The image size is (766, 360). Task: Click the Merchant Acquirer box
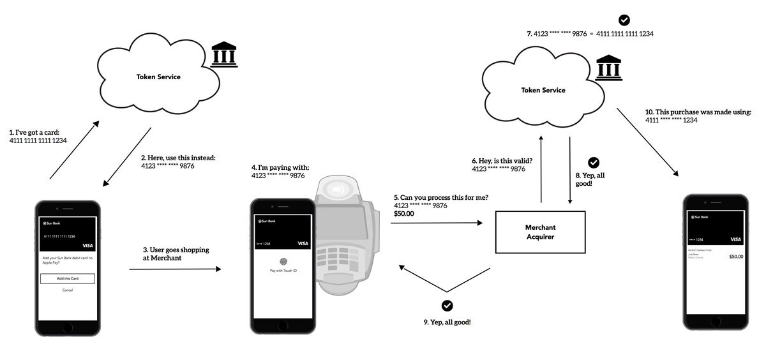pos(541,232)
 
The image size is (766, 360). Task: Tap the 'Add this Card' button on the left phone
pos(68,278)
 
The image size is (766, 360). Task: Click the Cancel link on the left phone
pos(68,290)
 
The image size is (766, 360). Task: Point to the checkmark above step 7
pos(624,20)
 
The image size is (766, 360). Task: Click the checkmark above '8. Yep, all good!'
pos(593,162)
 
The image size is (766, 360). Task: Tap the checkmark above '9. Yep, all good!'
pos(447,305)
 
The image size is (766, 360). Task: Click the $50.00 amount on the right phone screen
pos(736,256)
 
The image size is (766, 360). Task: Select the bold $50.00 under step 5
pos(404,214)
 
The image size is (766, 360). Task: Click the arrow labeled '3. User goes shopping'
pos(175,269)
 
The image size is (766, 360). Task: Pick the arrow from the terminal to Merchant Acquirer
pos(437,223)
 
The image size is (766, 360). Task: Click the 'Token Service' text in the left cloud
pos(159,77)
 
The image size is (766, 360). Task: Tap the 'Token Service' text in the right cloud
pos(543,90)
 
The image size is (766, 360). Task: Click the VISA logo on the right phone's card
pos(735,239)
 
